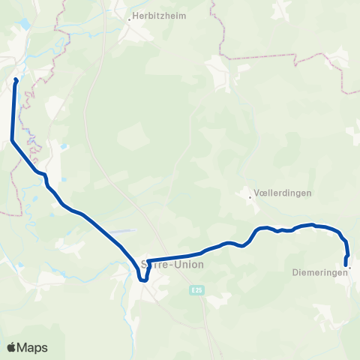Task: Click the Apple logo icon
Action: click(12, 347)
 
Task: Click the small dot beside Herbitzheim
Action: click(130, 18)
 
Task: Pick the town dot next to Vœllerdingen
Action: click(250, 197)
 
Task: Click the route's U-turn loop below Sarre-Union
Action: click(142, 279)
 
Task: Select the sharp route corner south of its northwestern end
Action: click(12, 139)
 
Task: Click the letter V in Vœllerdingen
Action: click(258, 193)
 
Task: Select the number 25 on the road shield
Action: click(199, 289)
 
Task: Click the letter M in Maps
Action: click(22, 347)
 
